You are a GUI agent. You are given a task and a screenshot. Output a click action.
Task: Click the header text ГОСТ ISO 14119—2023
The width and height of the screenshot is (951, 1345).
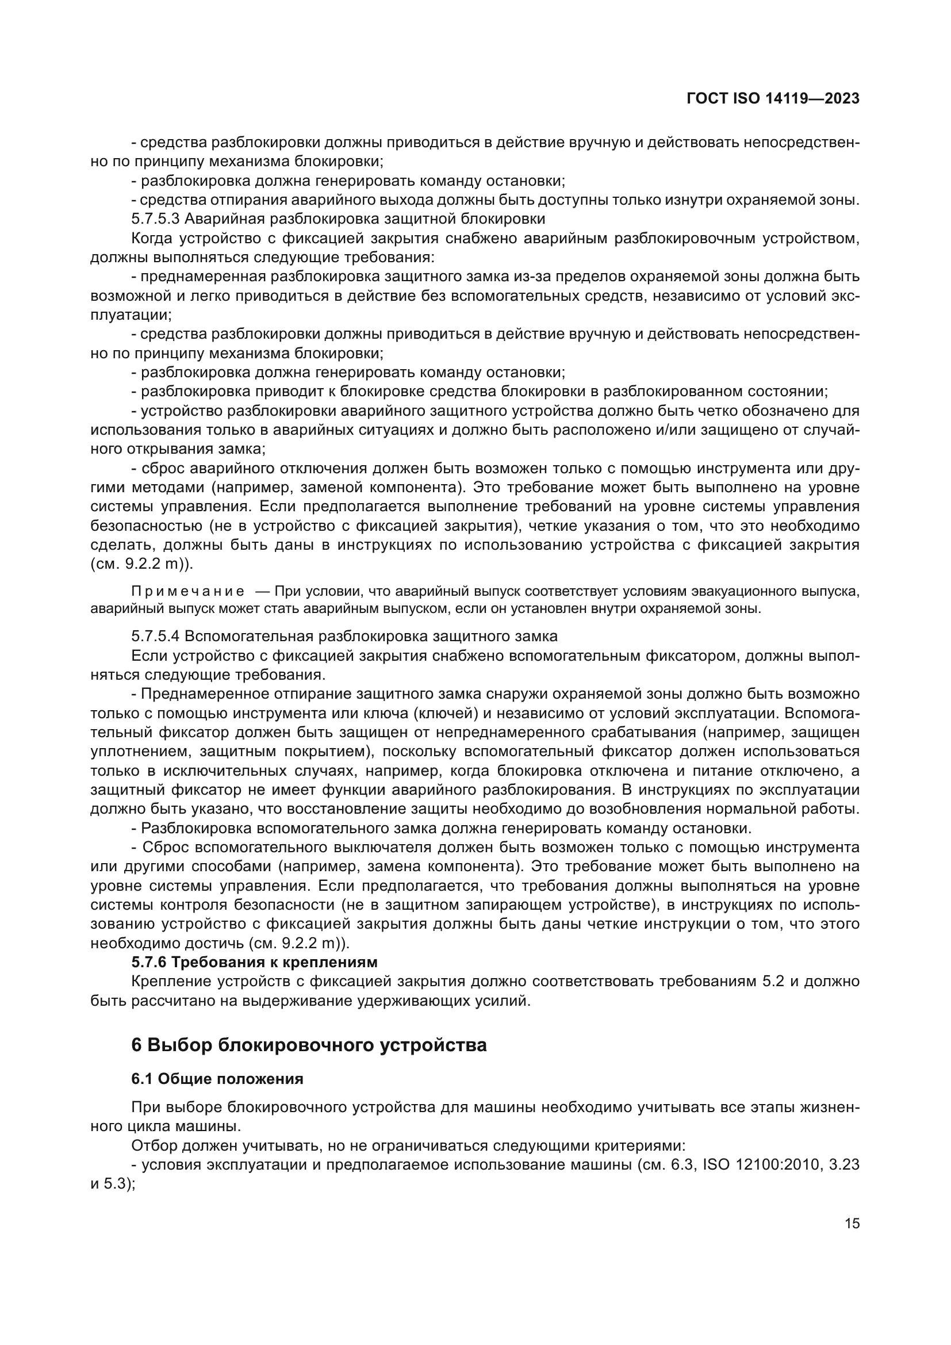point(772,99)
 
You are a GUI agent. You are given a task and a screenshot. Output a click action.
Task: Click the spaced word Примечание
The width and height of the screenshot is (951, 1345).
point(188,591)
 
